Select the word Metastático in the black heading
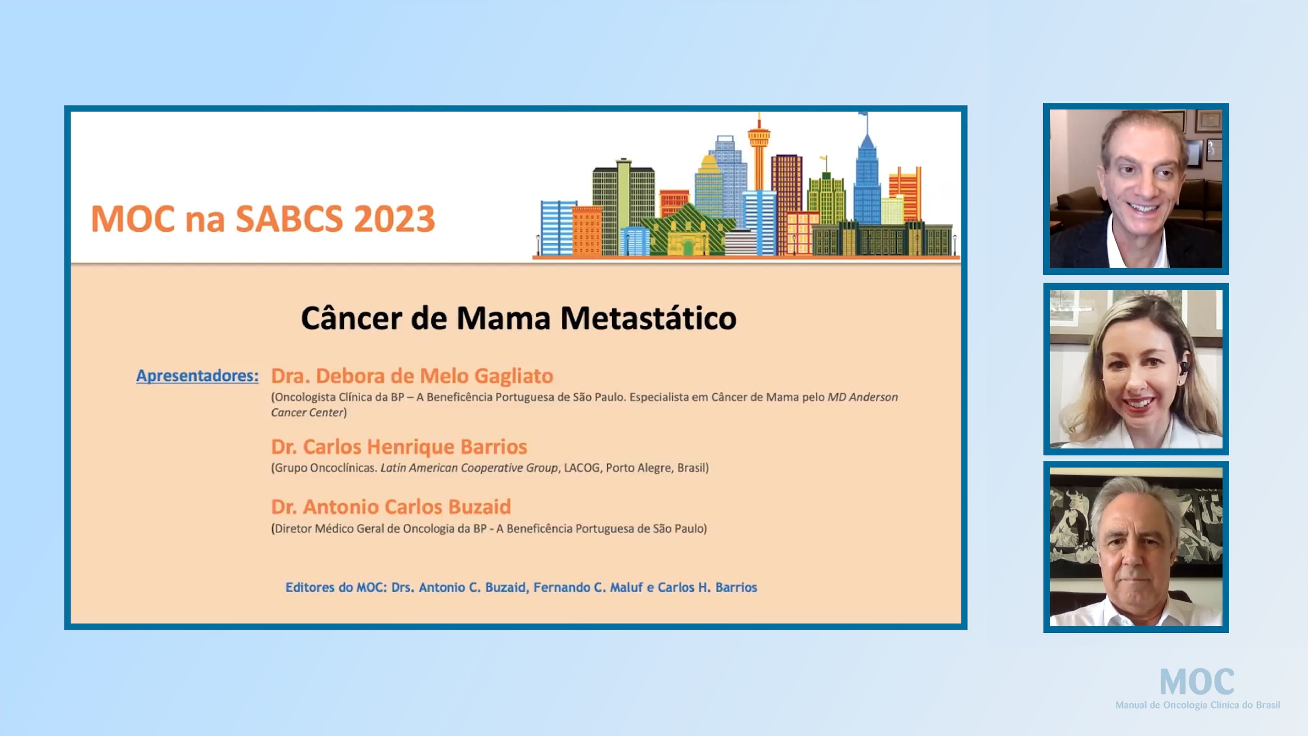(649, 319)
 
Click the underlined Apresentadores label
(197, 375)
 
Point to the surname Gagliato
(513, 376)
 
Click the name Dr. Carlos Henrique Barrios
(399, 446)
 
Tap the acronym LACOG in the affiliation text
(582, 468)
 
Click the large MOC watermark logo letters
(1197, 681)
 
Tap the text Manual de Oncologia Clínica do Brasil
(1197, 705)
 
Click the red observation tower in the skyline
(759, 147)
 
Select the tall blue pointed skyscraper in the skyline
(867, 173)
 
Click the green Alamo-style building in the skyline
(688, 231)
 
